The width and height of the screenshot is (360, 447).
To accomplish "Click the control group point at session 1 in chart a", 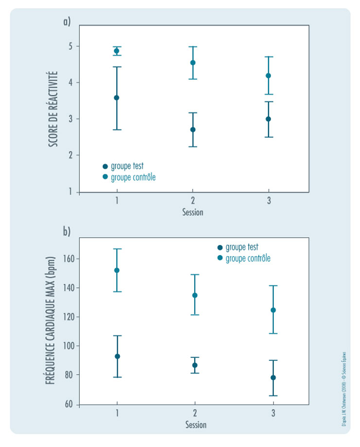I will point(117,51).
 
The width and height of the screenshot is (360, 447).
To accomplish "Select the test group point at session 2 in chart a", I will point(193,130).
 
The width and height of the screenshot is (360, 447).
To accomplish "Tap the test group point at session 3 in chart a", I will point(269,119).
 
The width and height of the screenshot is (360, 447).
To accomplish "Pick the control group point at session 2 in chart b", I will point(195,295).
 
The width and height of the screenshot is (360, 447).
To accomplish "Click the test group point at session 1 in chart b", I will point(117,356).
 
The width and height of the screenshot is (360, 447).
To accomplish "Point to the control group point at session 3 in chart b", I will point(273,310).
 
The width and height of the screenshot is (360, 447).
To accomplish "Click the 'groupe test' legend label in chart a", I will point(127,166).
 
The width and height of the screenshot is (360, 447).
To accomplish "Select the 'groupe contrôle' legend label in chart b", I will point(248,258).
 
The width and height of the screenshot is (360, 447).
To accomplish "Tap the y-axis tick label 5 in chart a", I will point(71,46).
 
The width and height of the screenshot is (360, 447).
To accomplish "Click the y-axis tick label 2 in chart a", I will point(71,155).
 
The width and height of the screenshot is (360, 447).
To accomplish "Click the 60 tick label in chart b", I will point(69,404).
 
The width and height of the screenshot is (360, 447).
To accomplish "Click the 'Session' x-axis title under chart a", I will point(193,212).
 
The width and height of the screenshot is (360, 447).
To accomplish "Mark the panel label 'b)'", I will point(67,231).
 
